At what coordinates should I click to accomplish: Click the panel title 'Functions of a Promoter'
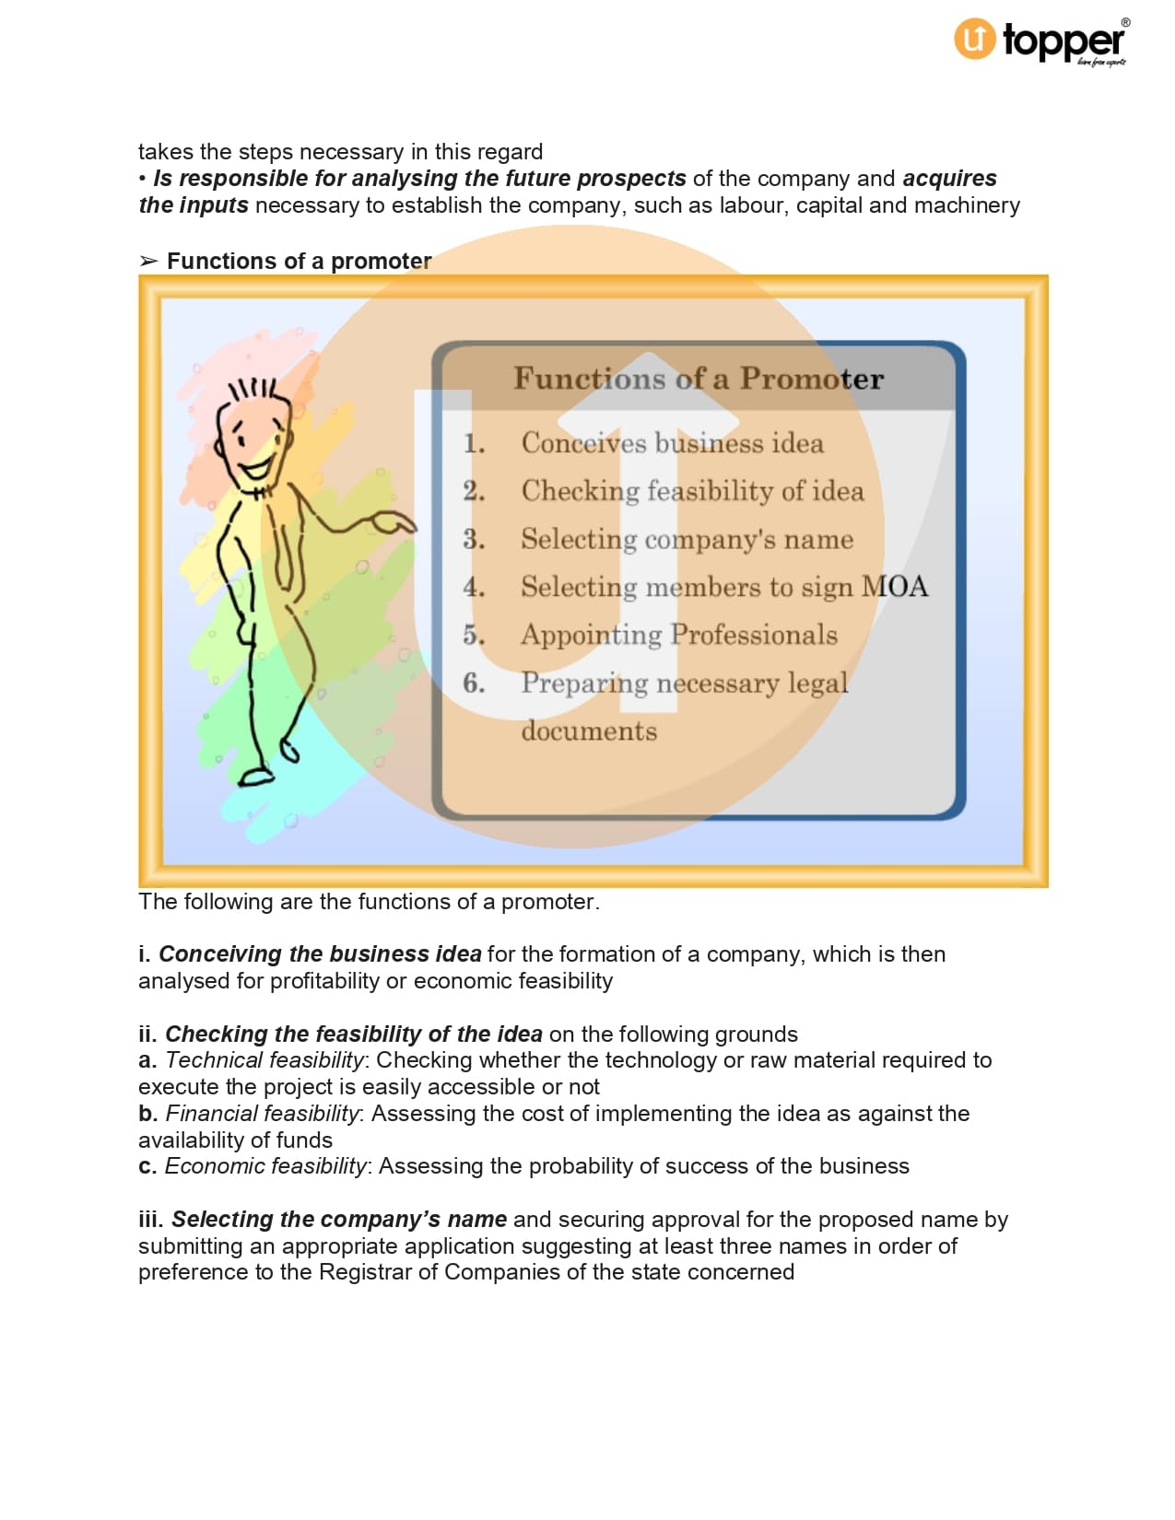point(698,379)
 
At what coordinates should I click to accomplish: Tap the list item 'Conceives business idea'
point(672,443)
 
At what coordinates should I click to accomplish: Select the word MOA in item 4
point(894,587)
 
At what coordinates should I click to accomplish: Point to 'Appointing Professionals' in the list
point(678,635)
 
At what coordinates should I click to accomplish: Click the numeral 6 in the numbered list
point(473,683)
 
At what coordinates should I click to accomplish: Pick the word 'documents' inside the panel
point(589,731)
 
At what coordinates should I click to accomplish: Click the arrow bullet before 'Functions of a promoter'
point(148,262)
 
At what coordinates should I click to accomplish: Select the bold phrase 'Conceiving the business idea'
point(320,954)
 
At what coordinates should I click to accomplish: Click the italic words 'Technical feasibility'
point(265,1060)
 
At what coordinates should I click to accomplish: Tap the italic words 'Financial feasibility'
point(263,1114)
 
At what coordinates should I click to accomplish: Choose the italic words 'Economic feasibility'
point(266,1166)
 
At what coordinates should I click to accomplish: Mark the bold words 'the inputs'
point(194,205)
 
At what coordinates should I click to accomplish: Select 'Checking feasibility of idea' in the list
point(692,491)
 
